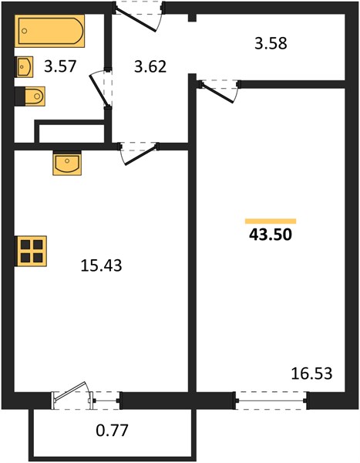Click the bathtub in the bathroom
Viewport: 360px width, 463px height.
point(49,31)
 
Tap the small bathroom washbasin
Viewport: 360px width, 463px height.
point(24,66)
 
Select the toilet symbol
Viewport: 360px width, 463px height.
point(30,96)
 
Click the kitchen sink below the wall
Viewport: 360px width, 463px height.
point(67,164)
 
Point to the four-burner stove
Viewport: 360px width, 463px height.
point(31,251)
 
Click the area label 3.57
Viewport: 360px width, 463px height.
point(60,66)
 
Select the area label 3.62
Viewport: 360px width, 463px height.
point(150,66)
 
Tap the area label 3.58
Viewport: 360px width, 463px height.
point(271,43)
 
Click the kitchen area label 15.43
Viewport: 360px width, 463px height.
point(101,265)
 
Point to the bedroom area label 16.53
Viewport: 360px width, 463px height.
point(311,373)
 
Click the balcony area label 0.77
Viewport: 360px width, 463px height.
point(112,431)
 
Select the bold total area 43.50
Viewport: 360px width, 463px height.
point(271,235)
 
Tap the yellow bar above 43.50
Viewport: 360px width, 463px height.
point(271,221)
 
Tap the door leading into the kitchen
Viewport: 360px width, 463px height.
point(140,154)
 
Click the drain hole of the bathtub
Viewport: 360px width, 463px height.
point(25,31)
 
